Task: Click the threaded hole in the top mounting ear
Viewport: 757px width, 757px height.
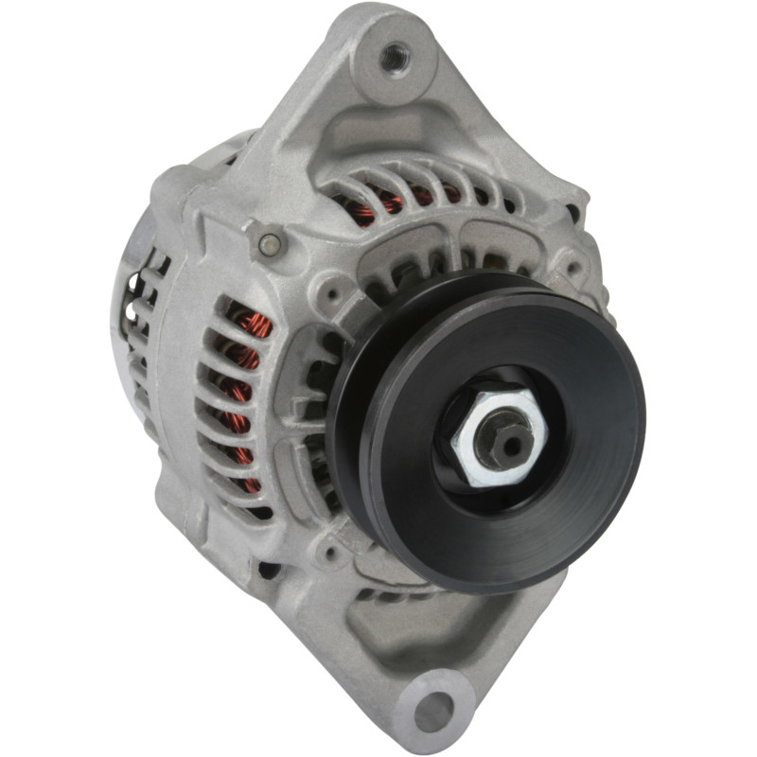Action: tap(396, 59)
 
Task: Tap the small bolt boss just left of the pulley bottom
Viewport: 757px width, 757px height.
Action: tap(331, 549)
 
